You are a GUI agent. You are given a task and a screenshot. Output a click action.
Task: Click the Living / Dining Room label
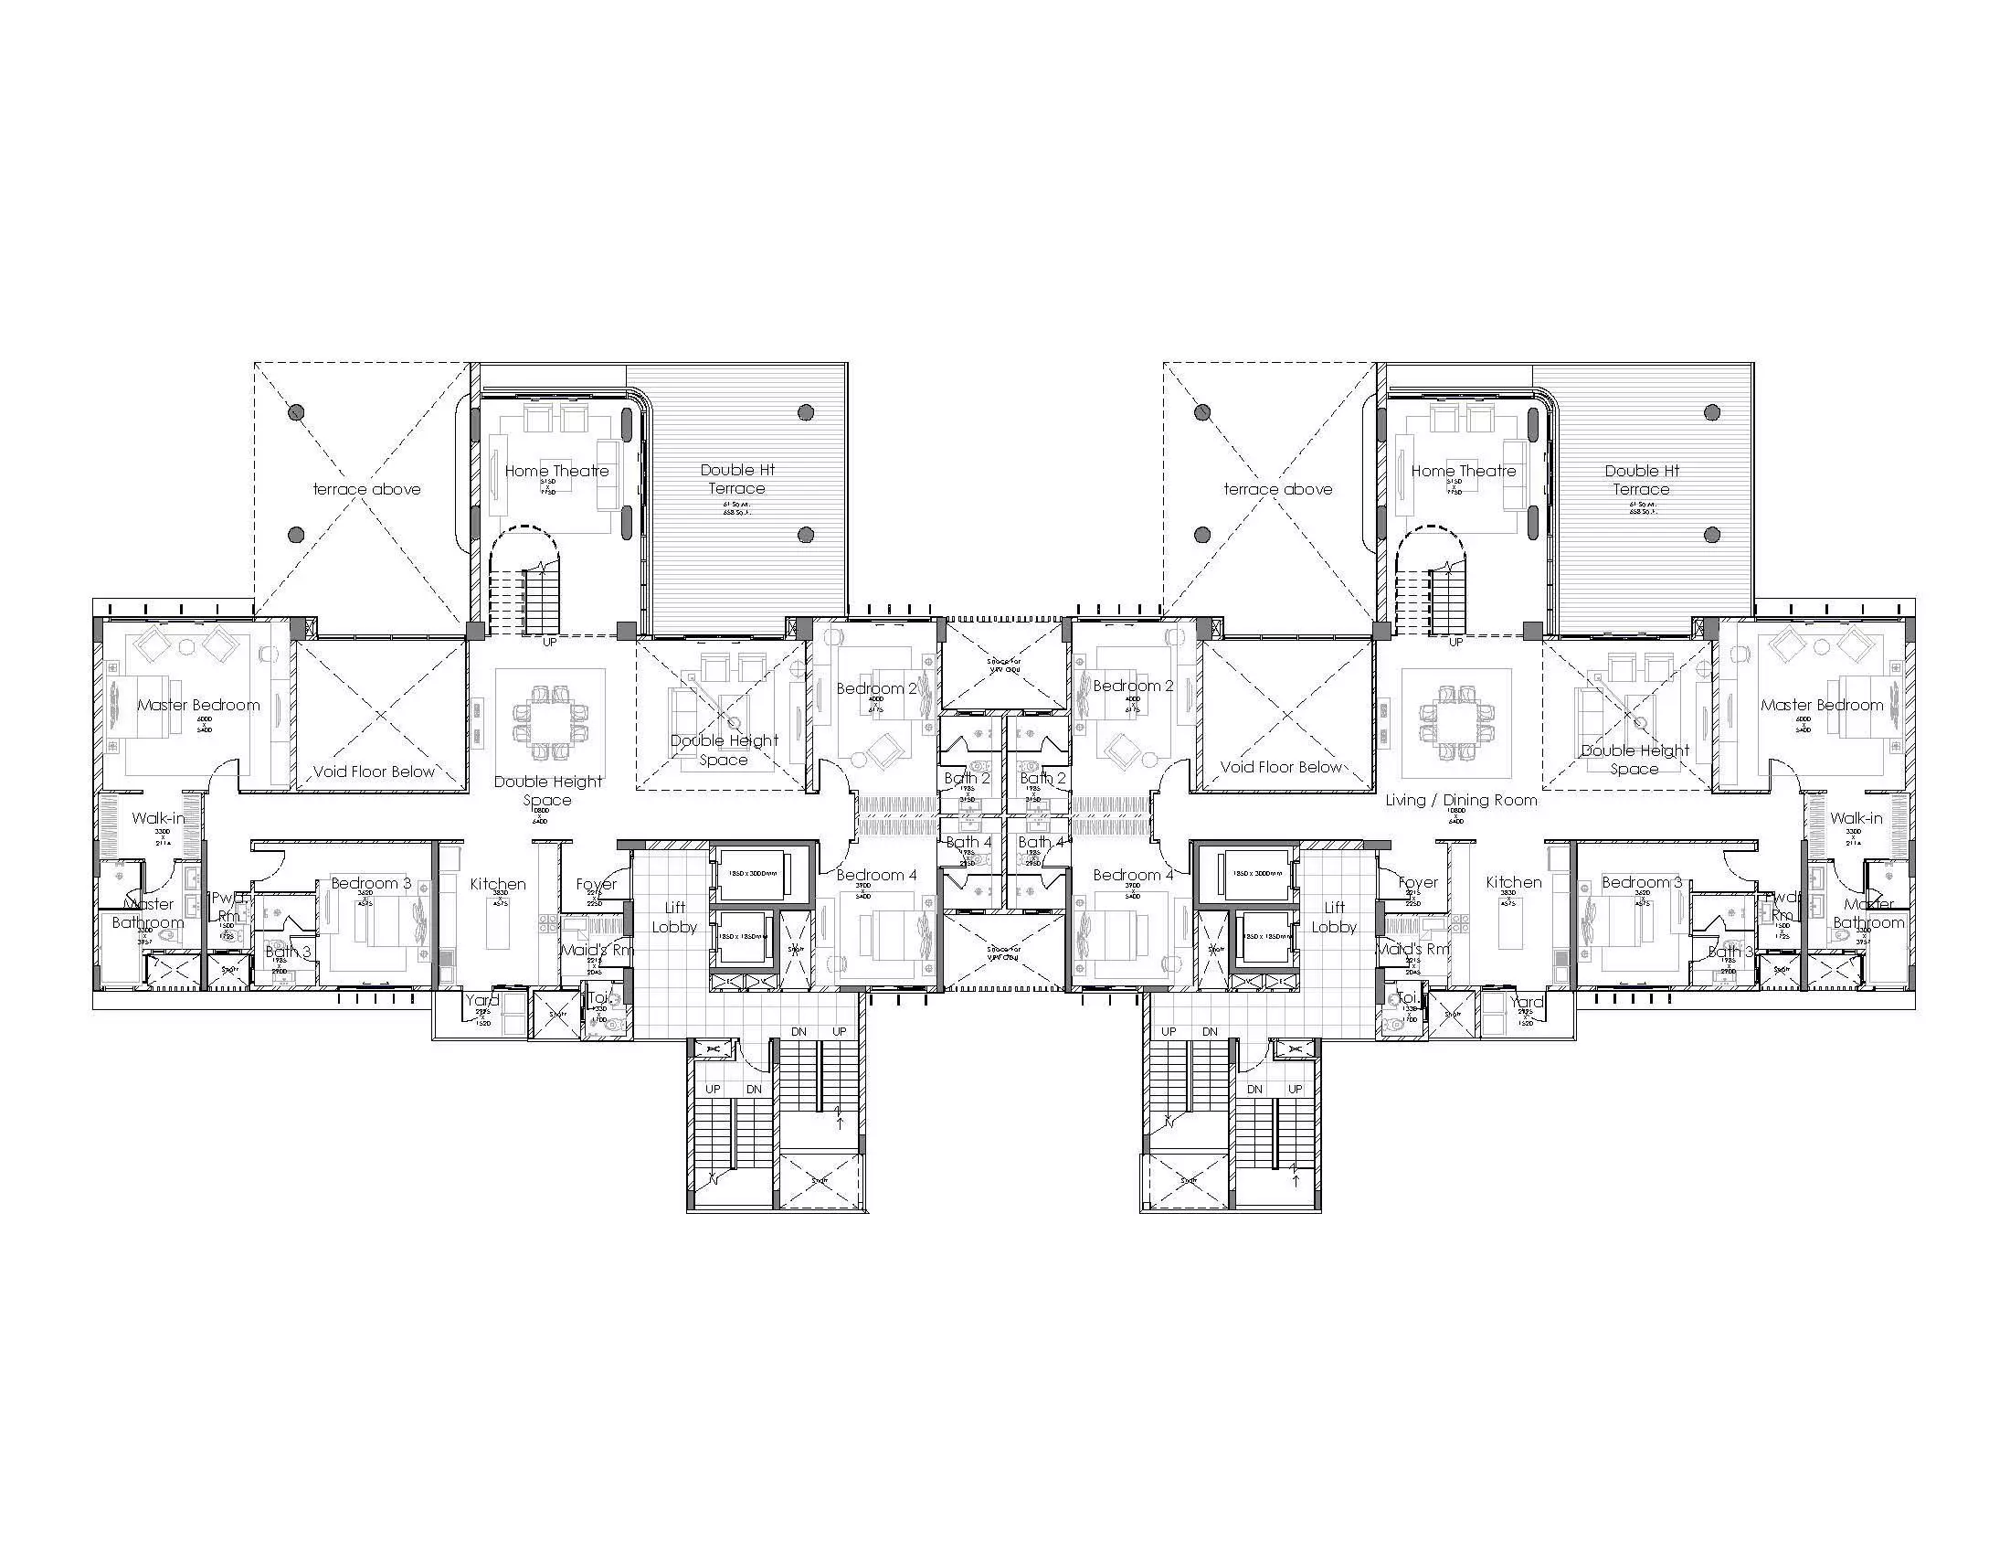pyautogui.click(x=1462, y=800)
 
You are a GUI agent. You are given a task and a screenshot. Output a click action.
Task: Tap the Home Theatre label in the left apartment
pyautogui.click(x=556, y=471)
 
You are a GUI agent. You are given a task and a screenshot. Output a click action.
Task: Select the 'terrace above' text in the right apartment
pyautogui.click(x=1277, y=489)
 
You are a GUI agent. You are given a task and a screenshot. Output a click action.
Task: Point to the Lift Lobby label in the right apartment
pyautogui.click(x=1334, y=917)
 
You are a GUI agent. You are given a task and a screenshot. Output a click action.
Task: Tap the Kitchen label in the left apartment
pyautogui.click(x=498, y=884)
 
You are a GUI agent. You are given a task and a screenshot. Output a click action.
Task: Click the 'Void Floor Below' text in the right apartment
pyautogui.click(x=1281, y=767)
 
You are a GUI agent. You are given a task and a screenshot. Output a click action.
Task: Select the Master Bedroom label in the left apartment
pyautogui.click(x=199, y=705)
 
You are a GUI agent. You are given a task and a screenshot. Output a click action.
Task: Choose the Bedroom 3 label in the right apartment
pyautogui.click(x=1642, y=882)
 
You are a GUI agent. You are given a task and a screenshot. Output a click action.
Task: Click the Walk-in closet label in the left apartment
pyautogui.click(x=157, y=817)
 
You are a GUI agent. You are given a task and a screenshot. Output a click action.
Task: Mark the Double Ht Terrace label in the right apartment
pyautogui.click(x=1642, y=480)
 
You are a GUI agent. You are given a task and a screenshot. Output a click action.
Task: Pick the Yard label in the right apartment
pyautogui.click(x=1526, y=1002)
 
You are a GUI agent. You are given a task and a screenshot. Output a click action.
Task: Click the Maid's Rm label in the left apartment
pyautogui.click(x=598, y=949)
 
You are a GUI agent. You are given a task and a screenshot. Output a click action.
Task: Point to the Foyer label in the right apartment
pyautogui.click(x=1417, y=882)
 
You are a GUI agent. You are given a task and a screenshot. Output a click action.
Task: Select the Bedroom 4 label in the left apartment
pyautogui.click(x=876, y=875)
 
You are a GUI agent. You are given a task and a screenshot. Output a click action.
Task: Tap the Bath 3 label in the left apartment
pyautogui.click(x=288, y=952)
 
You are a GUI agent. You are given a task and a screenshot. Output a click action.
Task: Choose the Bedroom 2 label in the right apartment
pyautogui.click(x=1133, y=686)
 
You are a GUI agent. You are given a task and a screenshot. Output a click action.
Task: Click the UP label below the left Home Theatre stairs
pyautogui.click(x=549, y=642)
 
